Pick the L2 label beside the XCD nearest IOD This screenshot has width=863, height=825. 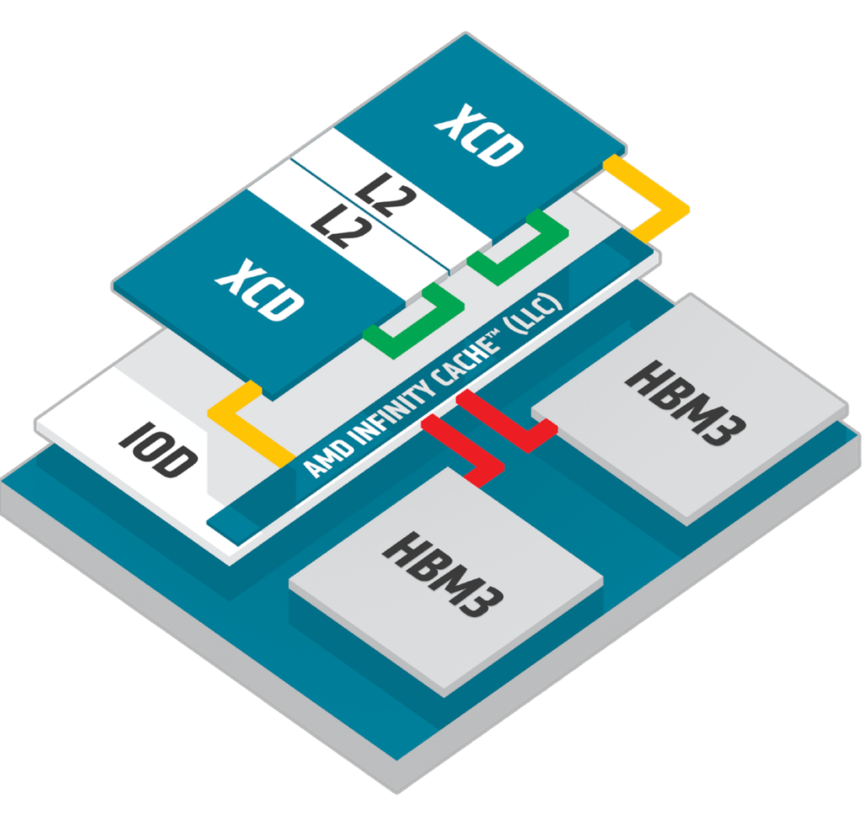pyautogui.click(x=333, y=226)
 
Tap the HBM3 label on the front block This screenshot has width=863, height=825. pyautogui.click(x=443, y=573)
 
